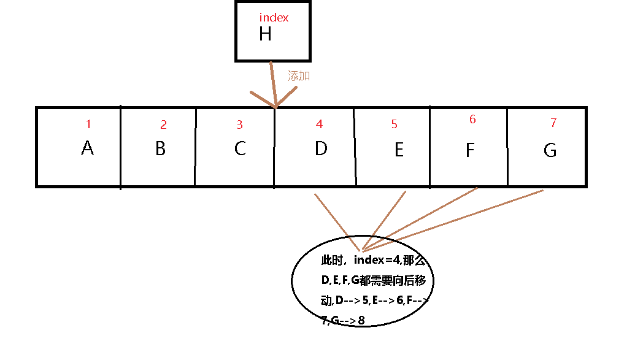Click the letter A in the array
tap(87, 148)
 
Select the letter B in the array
tap(160, 148)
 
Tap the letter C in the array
tap(240, 148)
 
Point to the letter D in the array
tap(320, 148)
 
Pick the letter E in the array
tap(399, 150)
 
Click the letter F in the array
tap(470, 150)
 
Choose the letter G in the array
tap(550, 150)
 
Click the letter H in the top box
tap(265, 34)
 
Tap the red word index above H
tap(274, 18)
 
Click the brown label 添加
tap(299, 76)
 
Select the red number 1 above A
tap(88, 124)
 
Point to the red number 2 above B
tap(163, 125)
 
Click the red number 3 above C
tap(239, 125)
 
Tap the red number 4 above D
tap(319, 124)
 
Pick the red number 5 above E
tap(394, 125)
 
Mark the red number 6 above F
tap(472, 120)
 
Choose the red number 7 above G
tap(553, 123)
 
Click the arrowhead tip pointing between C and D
tap(276, 108)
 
